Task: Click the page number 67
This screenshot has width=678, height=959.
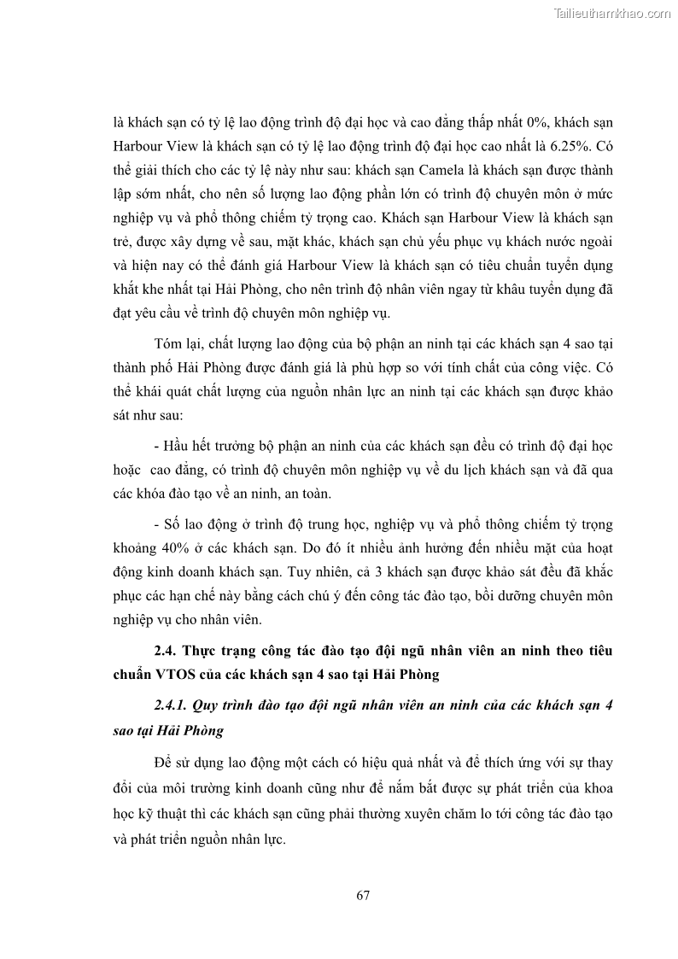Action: pos(363,895)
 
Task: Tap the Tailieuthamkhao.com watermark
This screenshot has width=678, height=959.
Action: pos(613,13)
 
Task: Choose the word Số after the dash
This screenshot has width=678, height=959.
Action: pos(173,523)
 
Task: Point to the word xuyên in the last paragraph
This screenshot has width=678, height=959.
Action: pos(460,815)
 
